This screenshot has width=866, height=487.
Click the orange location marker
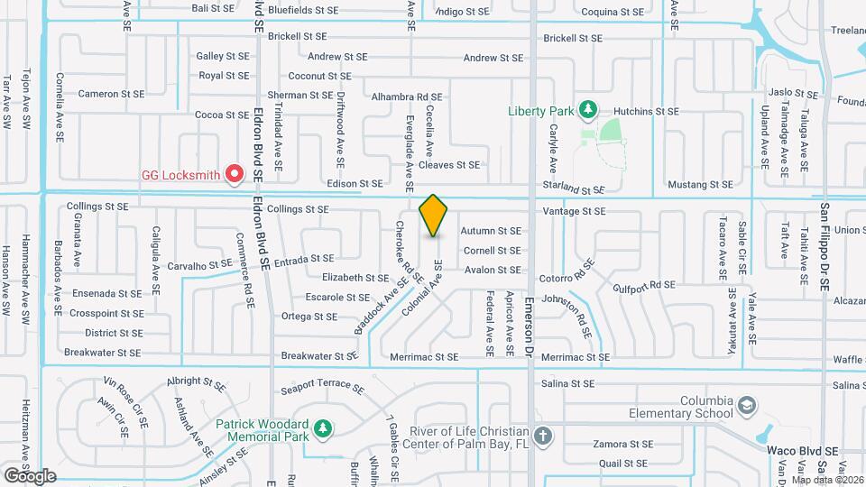434,215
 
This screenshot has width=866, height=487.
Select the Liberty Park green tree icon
587,110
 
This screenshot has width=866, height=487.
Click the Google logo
30,475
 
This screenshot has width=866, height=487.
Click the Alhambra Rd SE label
410,96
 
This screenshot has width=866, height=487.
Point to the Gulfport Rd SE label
643,286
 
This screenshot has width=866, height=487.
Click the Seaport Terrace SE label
322,387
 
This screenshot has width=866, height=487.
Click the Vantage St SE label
574,211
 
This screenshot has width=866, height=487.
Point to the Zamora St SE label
622,445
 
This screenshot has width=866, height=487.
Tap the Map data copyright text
827,479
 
